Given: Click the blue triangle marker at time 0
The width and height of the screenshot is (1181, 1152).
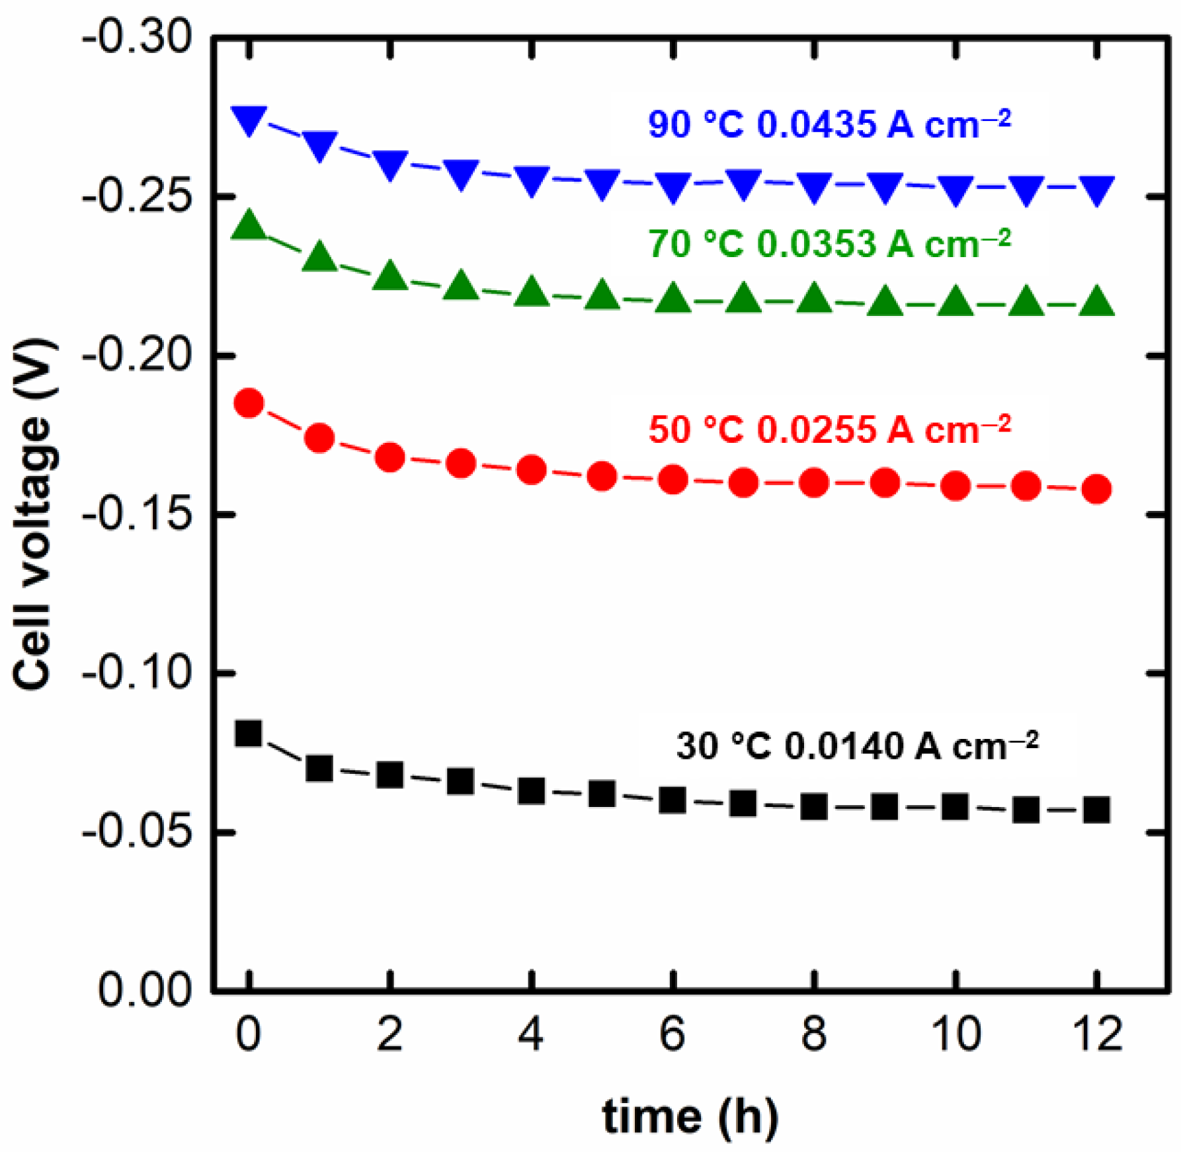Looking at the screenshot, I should click(x=249, y=120).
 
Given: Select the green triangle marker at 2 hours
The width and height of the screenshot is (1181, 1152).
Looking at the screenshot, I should click(x=390, y=276).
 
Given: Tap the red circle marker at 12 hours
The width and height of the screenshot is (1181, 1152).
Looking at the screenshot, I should click(x=1096, y=489).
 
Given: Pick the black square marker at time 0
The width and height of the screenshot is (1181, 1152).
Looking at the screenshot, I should click(x=249, y=733).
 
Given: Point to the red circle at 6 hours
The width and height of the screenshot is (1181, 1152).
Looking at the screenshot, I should click(x=672, y=480).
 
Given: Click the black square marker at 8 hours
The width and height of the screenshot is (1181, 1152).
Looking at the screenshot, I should click(x=814, y=807).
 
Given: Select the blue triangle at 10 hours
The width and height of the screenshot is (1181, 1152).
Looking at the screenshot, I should click(x=956, y=190).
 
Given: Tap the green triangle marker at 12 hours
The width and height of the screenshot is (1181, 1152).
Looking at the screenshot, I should click(x=1096, y=303).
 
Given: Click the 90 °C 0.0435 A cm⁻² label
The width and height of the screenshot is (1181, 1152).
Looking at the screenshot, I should click(x=829, y=124).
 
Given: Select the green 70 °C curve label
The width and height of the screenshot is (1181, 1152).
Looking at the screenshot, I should click(x=829, y=243).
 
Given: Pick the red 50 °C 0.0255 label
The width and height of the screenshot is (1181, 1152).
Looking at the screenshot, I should click(x=829, y=429).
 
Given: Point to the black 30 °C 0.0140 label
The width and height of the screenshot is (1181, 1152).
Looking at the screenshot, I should click(x=857, y=746).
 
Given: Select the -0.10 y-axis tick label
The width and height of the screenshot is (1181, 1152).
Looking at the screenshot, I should click(x=137, y=673).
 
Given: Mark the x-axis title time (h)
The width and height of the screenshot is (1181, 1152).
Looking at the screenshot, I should click(x=690, y=1117).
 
